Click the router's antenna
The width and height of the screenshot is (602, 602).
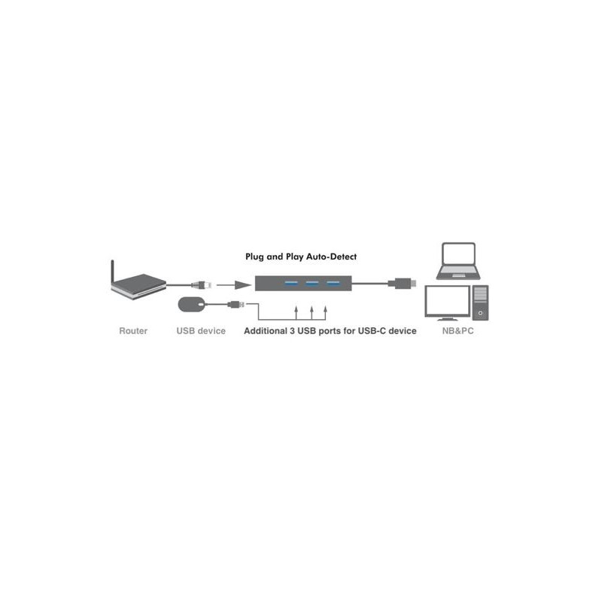click(112, 272)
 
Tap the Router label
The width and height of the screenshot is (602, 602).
click(133, 331)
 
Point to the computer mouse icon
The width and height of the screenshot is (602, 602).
click(192, 305)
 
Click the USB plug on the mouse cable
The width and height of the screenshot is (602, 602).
click(236, 305)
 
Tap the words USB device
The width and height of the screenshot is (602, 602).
click(201, 331)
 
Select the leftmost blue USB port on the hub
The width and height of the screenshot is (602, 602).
click(291, 284)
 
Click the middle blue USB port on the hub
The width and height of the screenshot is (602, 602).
click(312, 284)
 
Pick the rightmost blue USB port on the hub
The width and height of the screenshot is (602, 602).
click(333, 284)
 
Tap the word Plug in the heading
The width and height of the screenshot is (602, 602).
click(254, 257)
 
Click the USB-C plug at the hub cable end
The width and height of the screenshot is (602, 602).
click(402, 284)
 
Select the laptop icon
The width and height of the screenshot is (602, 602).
click(458, 261)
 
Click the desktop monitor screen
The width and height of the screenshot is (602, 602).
click(447, 301)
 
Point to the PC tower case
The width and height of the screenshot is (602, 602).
click(480, 303)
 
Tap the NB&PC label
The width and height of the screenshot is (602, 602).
click(458, 331)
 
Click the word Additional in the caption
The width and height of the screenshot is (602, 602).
click(266, 331)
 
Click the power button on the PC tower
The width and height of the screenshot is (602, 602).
click(480, 313)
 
